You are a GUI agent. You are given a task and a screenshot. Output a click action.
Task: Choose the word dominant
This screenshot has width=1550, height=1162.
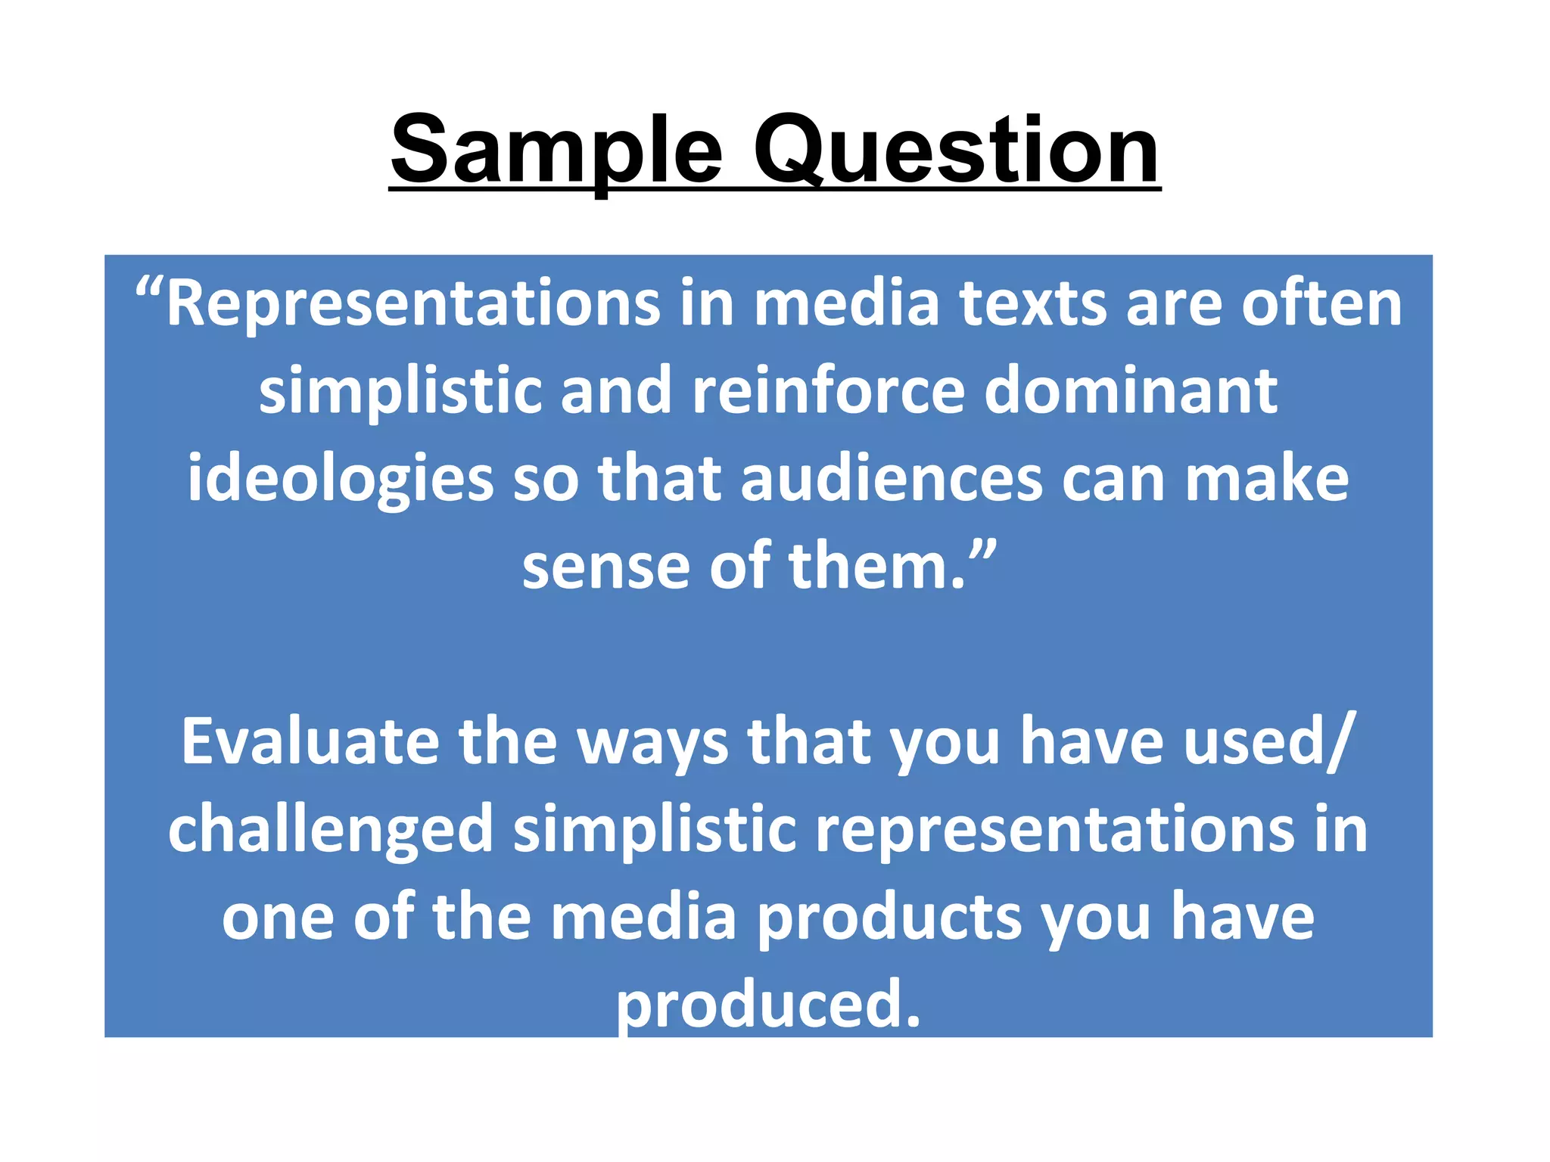click(x=1131, y=392)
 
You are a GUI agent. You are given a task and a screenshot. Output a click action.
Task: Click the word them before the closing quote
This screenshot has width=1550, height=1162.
click(x=877, y=567)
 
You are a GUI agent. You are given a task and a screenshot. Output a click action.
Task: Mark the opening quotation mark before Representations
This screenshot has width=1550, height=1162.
click(x=149, y=291)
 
